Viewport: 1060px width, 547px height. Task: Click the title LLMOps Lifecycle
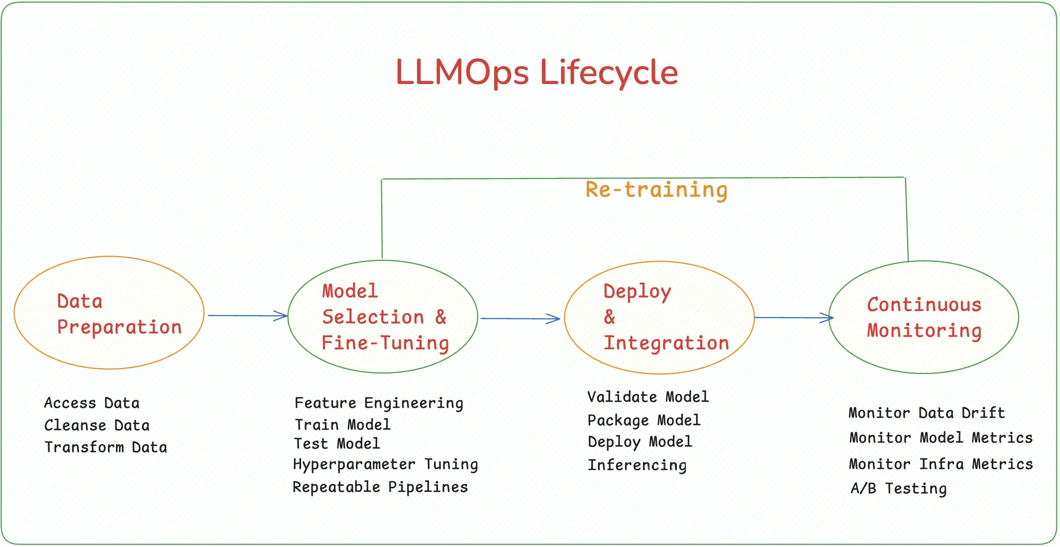tap(536, 73)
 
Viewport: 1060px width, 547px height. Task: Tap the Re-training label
tap(656, 190)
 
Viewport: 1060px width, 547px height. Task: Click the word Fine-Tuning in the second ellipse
tap(385, 343)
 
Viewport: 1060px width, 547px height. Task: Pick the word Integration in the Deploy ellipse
tap(666, 343)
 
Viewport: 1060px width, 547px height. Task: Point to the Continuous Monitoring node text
tap(924, 317)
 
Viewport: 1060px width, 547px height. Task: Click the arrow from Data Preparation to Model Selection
tap(247, 316)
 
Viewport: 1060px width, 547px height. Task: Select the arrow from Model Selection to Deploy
tap(520, 319)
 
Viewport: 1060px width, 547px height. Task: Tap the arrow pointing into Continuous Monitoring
tap(793, 318)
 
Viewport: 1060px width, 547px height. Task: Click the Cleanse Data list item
tap(97, 426)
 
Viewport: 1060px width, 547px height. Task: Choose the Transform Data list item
tap(106, 448)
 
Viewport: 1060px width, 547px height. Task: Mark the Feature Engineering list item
tap(379, 403)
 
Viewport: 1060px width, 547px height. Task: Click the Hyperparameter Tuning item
tap(385, 464)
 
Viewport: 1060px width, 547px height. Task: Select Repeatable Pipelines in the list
tap(380, 487)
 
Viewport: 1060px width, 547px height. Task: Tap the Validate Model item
tap(648, 397)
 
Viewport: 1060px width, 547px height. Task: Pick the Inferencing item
tap(637, 465)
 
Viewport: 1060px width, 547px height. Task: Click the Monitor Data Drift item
tap(927, 413)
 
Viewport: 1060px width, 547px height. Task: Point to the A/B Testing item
tap(898, 489)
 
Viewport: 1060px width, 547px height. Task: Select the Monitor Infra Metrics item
tap(941, 464)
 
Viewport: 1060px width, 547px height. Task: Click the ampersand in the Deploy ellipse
tap(610, 317)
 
